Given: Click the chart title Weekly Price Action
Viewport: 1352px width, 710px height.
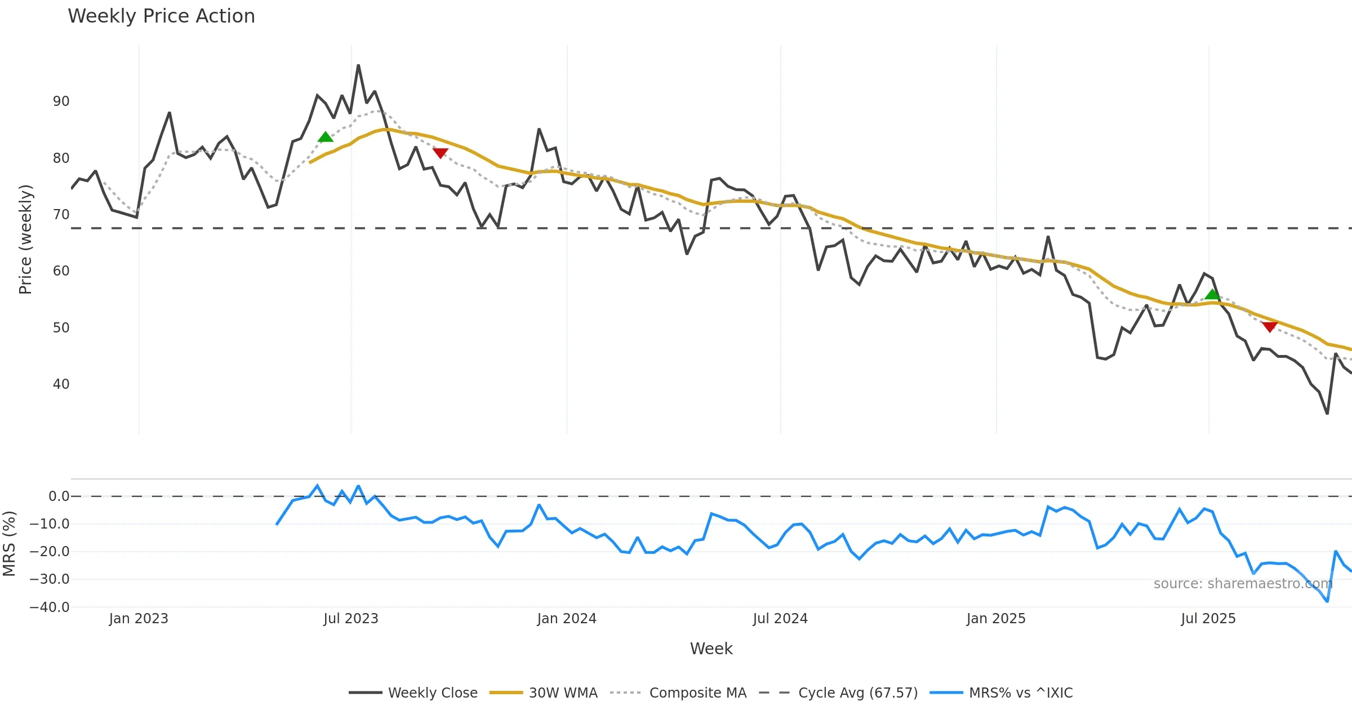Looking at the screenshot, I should pyautogui.click(x=161, y=16).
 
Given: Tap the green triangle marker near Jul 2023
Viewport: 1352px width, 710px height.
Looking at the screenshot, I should pyautogui.click(x=326, y=137).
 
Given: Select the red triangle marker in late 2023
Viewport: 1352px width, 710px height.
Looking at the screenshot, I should pyautogui.click(x=441, y=153).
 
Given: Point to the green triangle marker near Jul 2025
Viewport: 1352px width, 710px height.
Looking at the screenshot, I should pyautogui.click(x=1212, y=294).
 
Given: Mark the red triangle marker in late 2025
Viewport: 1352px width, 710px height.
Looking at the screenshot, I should pyautogui.click(x=1270, y=327).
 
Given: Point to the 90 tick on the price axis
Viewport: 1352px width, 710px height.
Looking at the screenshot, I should pyautogui.click(x=61, y=101).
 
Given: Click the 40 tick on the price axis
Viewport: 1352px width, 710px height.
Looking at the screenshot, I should pyautogui.click(x=61, y=384).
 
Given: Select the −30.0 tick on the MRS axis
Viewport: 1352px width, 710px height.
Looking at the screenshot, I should pyautogui.click(x=50, y=579).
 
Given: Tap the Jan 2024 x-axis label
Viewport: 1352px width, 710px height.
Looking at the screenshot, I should pyautogui.click(x=567, y=619).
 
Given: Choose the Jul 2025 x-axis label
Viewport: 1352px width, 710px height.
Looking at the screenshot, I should pyautogui.click(x=1208, y=619).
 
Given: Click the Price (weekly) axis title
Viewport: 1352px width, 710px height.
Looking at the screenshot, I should pyautogui.click(x=25, y=239).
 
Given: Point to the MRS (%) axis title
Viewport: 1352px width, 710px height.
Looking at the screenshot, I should pyautogui.click(x=9, y=543).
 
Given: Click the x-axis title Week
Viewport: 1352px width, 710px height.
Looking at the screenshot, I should pyautogui.click(x=711, y=649).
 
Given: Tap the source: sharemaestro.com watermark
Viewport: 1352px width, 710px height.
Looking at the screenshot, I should pyautogui.click(x=1243, y=584).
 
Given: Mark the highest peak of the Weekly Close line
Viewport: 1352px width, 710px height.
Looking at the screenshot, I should pyautogui.click(x=358, y=65).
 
